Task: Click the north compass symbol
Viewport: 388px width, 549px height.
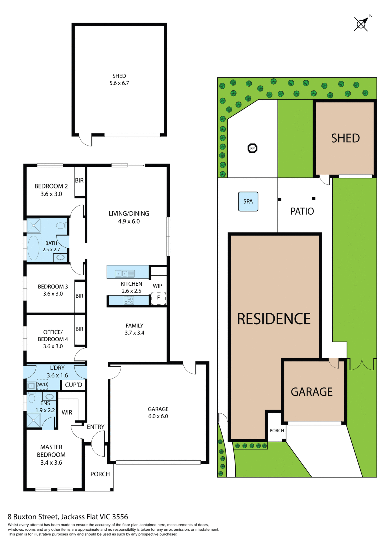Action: [361, 24]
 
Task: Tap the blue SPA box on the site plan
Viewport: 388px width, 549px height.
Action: [248, 202]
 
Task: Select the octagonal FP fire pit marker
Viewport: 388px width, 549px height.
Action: [252, 148]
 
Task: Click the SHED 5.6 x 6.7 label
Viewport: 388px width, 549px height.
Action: [119, 79]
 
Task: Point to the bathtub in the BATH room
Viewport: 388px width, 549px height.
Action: [33, 248]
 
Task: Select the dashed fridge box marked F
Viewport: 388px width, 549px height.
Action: [159, 298]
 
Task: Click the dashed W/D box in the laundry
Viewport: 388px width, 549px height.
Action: [42, 384]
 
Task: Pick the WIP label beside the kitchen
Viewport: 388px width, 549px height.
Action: [157, 286]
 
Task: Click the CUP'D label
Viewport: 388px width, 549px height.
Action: [73, 385]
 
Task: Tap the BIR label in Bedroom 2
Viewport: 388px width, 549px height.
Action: [79, 180]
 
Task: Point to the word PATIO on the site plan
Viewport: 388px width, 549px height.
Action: [302, 211]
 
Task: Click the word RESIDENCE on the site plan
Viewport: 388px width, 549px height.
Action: [274, 319]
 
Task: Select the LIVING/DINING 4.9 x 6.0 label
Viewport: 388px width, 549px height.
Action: [129, 217]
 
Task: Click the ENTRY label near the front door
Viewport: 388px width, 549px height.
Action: [95, 427]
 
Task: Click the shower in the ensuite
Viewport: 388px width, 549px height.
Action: [34, 420]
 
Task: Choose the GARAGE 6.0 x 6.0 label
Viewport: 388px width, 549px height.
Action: [158, 413]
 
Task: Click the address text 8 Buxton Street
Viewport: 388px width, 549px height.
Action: [68, 517]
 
